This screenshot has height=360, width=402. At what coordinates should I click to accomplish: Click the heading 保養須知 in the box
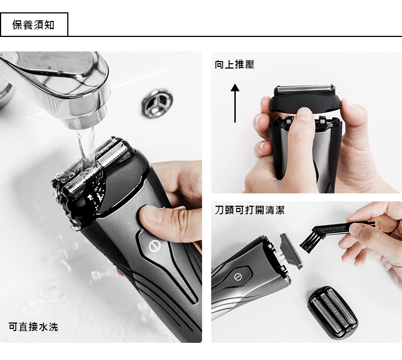(x=33, y=25)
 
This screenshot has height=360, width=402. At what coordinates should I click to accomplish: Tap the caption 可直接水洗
(x=33, y=327)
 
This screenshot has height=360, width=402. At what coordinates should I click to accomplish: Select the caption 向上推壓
(x=235, y=64)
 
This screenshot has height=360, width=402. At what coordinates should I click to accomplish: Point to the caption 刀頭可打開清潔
(x=250, y=210)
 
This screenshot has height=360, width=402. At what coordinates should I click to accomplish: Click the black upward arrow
(x=235, y=103)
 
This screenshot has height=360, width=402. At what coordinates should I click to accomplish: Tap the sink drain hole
(x=157, y=103)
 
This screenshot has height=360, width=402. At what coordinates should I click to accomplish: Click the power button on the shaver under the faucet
(x=154, y=246)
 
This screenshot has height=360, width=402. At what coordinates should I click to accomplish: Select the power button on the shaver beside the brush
(x=237, y=276)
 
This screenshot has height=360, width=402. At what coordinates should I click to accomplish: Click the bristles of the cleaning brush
(x=309, y=241)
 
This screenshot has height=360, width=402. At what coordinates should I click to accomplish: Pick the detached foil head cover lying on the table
(x=333, y=313)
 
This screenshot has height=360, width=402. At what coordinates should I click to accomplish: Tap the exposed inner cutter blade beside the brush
(x=291, y=251)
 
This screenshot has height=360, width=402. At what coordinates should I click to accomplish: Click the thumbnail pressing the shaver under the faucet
(x=151, y=214)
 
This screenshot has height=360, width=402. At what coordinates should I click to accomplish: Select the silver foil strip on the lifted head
(x=304, y=88)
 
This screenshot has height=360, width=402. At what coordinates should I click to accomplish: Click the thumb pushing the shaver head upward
(x=303, y=133)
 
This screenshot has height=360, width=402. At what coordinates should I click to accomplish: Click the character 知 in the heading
(x=49, y=25)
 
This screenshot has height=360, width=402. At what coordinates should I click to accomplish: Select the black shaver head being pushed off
(x=305, y=100)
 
